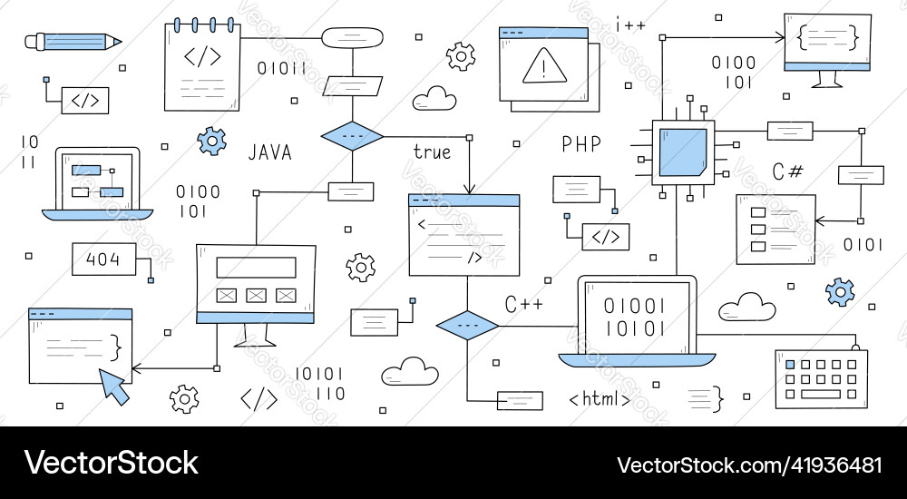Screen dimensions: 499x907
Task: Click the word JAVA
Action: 270,152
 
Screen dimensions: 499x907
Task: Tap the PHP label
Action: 581,144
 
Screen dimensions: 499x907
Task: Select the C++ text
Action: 523,304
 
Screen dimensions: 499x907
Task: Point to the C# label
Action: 786,171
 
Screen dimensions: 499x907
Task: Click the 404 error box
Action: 102,259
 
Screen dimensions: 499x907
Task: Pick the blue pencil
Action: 73,41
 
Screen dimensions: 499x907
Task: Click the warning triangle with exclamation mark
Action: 543,65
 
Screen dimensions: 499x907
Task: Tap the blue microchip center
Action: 683,152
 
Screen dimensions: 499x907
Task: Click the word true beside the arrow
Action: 432,152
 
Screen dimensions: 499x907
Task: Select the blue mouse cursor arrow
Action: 114,385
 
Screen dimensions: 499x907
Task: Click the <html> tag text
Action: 600,398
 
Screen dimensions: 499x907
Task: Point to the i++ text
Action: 630,25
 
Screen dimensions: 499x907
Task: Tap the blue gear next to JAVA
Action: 211,140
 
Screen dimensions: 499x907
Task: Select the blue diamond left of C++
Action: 468,324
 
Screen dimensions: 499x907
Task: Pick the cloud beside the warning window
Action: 434,98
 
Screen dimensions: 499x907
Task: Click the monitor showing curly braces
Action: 827,43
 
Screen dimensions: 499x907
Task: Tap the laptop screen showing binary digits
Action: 635,315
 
